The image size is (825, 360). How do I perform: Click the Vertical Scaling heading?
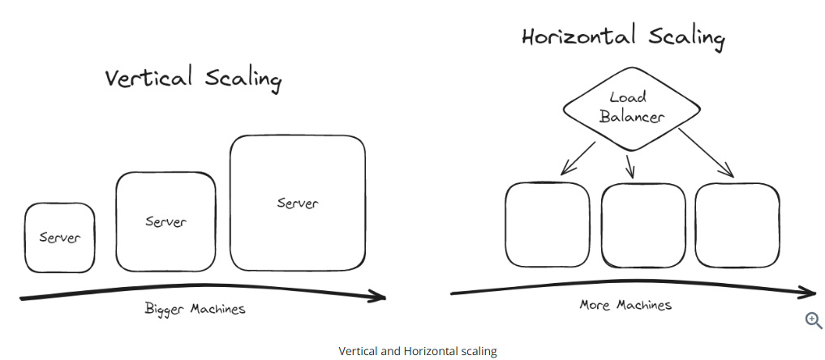193,79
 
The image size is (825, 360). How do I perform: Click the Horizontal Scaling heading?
622,37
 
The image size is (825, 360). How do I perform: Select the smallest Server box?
59,238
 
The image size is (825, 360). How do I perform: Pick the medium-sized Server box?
165,221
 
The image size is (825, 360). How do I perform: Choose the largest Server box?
297,203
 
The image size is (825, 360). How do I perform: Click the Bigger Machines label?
195,309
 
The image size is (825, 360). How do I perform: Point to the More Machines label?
625,305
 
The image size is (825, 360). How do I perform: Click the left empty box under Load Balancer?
548,225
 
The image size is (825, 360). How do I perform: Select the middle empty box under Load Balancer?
643,225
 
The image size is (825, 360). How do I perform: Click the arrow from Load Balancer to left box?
578,157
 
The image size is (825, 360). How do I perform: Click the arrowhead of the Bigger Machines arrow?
378,296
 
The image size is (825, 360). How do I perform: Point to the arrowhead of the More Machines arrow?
808,292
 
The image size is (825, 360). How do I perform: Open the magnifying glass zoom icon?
813,320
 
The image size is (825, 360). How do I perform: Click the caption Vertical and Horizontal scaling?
417,351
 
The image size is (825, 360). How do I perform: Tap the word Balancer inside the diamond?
632,116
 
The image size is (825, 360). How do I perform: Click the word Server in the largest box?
298,203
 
